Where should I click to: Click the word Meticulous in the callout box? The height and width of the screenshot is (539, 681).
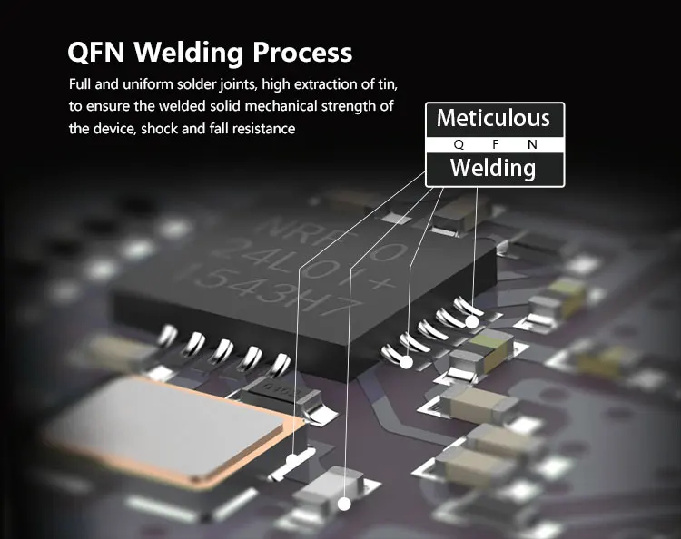493,118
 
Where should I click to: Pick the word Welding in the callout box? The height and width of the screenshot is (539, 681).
493,168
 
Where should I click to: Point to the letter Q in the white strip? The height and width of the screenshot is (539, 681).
459,144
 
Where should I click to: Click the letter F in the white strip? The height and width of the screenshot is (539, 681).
495,144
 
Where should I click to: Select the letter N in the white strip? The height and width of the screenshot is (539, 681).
531,144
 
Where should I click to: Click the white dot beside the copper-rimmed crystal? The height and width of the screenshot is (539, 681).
292,460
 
